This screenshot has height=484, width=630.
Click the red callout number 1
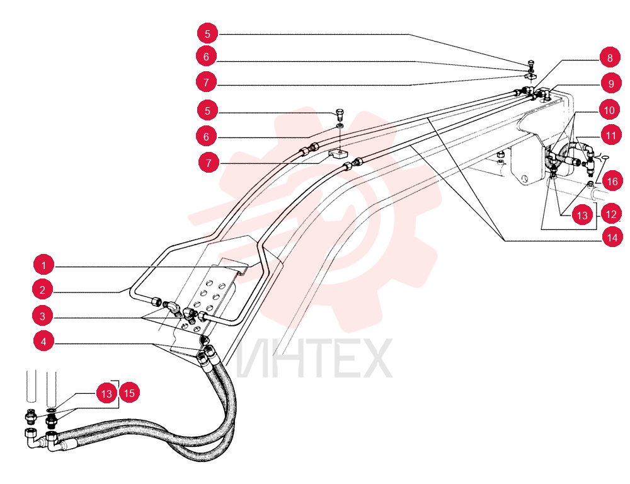click(x=44, y=265)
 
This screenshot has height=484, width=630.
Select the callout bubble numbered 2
click(x=43, y=290)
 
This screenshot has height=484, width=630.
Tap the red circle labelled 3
click(x=43, y=316)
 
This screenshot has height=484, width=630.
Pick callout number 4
click(x=44, y=342)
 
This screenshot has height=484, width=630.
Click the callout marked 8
click(x=610, y=58)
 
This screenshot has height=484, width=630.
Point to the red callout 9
click(x=611, y=84)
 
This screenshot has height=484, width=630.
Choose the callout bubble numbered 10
click(x=609, y=110)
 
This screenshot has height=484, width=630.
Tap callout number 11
click(x=611, y=135)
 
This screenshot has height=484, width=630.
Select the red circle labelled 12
click(x=611, y=214)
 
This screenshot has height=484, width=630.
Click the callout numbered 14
click(x=612, y=238)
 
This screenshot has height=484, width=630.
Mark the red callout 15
click(x=129, y=393)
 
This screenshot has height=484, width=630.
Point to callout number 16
click(x=612, y=181)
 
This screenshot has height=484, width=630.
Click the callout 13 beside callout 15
click(x=106, y=393)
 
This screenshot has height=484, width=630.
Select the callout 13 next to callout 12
click(x=582, y=216)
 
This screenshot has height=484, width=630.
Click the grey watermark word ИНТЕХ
click(x=314, y=359)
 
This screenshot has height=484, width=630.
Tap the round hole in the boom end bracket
click(x=524, y=178)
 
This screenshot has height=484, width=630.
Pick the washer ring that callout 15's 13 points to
click(x=51, y=410)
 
